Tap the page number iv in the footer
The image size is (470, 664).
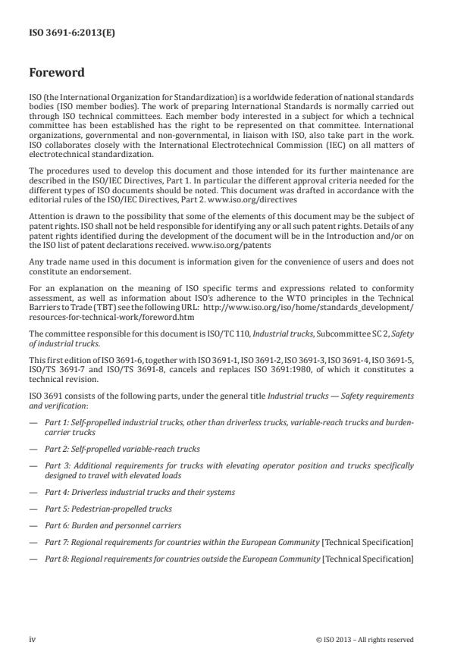33,639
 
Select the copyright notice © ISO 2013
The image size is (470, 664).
365,639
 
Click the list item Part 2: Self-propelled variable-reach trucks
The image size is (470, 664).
122,448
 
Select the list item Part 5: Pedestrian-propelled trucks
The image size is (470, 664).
108,509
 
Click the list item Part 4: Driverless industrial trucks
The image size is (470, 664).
140,492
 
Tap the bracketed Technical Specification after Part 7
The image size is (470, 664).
369,542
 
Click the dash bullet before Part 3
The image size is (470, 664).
33,465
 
